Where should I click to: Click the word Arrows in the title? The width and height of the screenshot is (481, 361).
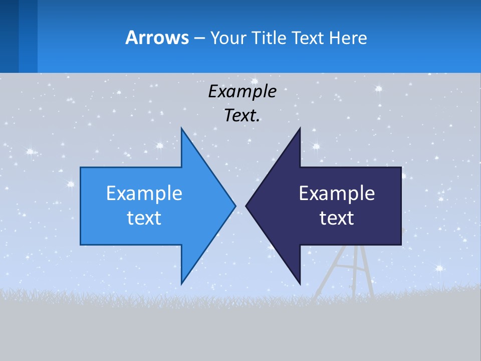pyautogui.click(x=156, y=38)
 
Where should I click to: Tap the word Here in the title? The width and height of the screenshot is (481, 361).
pyautogui.click(x=348, y=38)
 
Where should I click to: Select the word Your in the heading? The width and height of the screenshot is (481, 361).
pyautogui.click(x=227, y=38)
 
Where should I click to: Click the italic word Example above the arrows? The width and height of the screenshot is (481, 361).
pyautogui.click(x=242, y=92)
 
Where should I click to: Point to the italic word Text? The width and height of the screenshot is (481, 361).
pyautogui.click(x=242, y=116)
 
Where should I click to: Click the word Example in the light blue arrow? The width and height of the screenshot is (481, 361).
pyautogui.click(x=144, y=193)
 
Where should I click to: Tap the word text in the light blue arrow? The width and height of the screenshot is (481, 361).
pyautogui.click(x=144, y=218)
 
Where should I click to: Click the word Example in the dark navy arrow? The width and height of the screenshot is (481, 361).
pyautogui.click(x=337, y=193)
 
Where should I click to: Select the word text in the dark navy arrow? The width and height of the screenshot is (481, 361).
pyautogui.click(x=337, y=218)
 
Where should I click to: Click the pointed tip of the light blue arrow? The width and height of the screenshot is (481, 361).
pyautogui.click(x=234, y=206)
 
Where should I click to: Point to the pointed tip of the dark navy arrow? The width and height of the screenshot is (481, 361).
pyautogui.click(x=247, y=206)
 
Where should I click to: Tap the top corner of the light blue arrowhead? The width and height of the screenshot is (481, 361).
pyautogui.click(x=181, y=129)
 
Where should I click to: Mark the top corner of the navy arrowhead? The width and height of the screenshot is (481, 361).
pyautogui.click(x=300, y=129)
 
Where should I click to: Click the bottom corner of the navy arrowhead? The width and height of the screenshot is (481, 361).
pyautogui.click(x=300, y=283)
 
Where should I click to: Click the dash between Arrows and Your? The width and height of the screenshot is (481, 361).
pyautogui.click(x=198, y=38)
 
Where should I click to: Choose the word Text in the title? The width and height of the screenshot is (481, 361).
pyautogui.click(x=308, y=38)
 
